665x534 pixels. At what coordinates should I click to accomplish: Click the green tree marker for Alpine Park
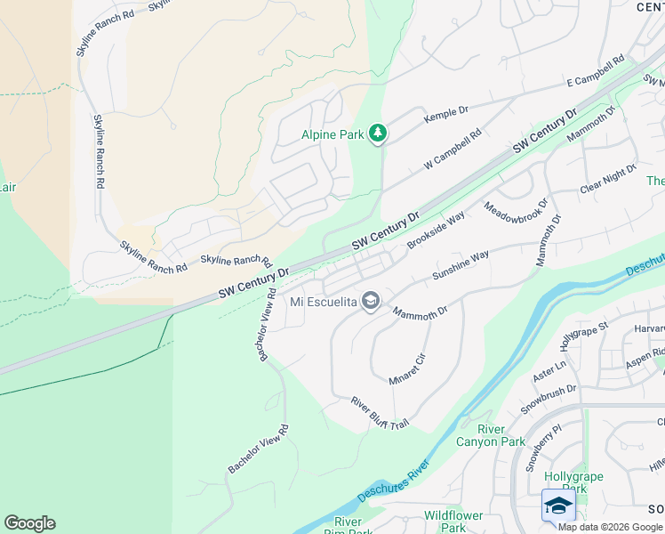point(379,133)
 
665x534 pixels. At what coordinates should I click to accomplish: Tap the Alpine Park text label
point(333,134)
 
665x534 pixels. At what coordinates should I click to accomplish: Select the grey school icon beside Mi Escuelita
point(370,302)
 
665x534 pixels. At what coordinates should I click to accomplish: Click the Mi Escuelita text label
point(324,302)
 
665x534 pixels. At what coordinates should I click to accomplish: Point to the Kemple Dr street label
point(446,115)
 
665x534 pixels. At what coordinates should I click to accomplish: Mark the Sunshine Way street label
point(461,266)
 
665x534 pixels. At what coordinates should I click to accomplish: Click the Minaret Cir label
point(408,368)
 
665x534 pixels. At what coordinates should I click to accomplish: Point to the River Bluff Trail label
point(380,412)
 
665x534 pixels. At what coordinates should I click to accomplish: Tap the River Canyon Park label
point(490,435)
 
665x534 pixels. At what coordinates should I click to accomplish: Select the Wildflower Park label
point(453,522)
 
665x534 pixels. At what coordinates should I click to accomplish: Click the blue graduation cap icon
point(558,506)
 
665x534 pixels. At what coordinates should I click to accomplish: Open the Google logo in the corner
point(29,523)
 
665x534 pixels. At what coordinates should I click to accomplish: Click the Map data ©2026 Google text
point(610,527)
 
